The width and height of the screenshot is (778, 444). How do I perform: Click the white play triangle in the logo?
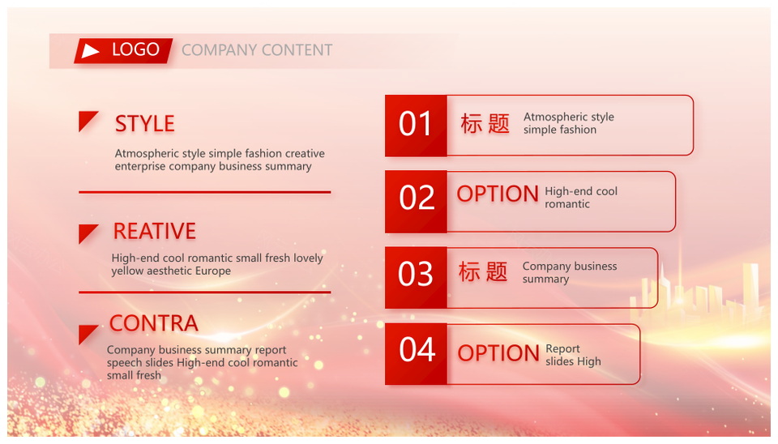[x=89, y=50]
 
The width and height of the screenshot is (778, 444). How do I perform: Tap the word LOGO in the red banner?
[x=135, y=49]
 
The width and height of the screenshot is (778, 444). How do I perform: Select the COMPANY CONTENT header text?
[x=257, y=50]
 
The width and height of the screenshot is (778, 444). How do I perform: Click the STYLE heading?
[x=145, y=123]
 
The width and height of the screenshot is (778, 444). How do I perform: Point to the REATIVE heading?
[x=154, y=231]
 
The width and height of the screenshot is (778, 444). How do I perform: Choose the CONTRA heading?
[x=154, y=323]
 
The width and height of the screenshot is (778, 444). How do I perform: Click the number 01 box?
[x=416, y=126]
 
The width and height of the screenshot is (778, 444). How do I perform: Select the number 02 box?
[x=416, y=202]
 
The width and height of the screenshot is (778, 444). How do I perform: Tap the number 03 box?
[x=416, y=277]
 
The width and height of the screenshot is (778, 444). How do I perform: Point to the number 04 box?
[x=416, y=354]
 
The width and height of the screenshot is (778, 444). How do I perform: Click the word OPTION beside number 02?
[x=498, y=194]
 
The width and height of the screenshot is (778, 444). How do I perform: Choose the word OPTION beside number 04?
[x=498, y=353]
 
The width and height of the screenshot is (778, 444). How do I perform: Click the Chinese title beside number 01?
[x=485, y=123]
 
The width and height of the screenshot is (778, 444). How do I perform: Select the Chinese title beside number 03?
[x=483, y=272]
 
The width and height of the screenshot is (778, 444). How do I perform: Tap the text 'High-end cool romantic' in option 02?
[x=581, y=198]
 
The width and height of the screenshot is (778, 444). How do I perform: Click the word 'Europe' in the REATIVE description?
[x=213, y=271]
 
